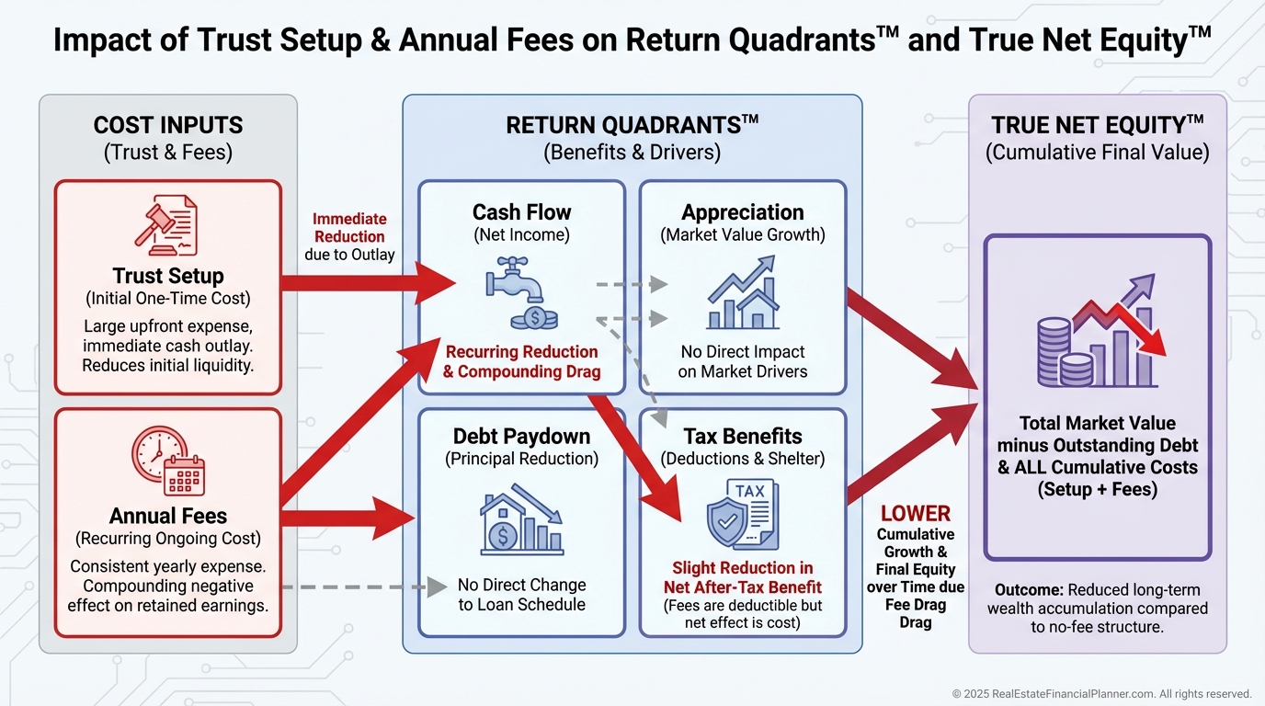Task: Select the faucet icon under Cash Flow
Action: click(520, 293)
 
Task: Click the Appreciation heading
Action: click(743, 212)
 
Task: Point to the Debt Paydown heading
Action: click(521, 436)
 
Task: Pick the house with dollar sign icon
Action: click(521, 521)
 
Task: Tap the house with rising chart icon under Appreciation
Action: click(743, 293)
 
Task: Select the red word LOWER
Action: click(915, 514)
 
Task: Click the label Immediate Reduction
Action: click(349, 227)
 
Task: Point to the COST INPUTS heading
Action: click(168, 126)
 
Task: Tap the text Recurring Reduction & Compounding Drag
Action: click(521, 361)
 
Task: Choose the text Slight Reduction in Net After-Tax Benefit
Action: click(743, 577)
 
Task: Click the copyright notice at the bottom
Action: click(1101, 693)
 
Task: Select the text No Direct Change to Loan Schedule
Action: click(521, 594)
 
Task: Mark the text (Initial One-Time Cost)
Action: click(168, 299)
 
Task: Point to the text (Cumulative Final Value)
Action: click(1098, 153)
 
